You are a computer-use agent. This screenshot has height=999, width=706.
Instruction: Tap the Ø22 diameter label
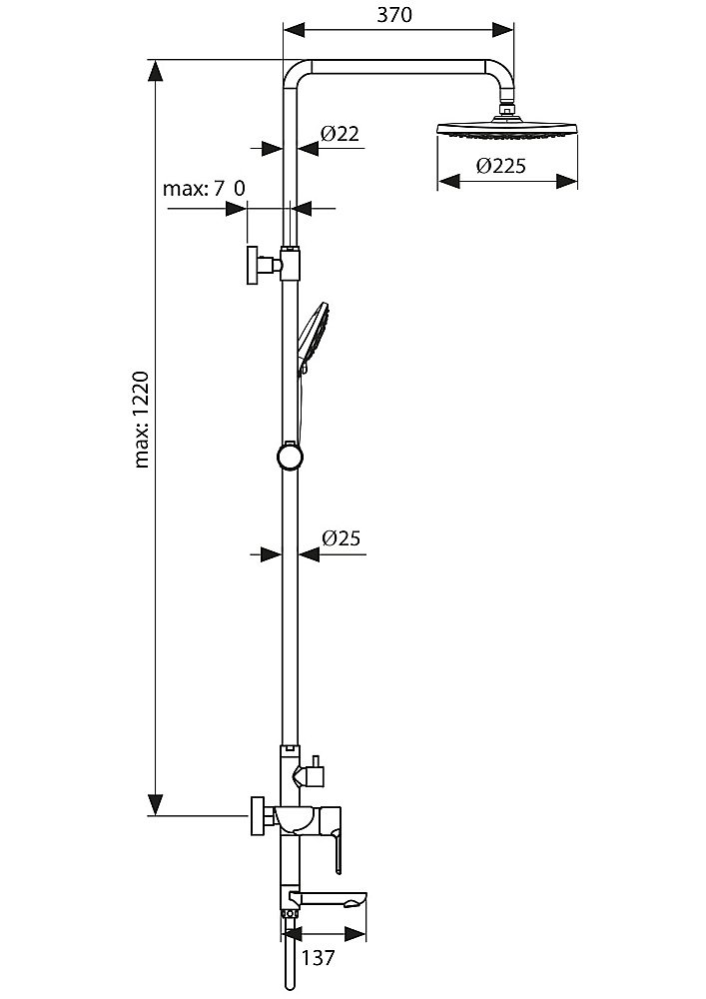click(x=340, y=134)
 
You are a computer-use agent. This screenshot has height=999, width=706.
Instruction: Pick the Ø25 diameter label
click(x=341, y=538)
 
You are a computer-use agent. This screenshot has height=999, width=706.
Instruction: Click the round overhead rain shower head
click(x=507, y=131)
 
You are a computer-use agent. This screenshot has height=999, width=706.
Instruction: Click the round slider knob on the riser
click(x=289, y=457)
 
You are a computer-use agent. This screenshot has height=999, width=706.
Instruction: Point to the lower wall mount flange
click(x=260, y=815)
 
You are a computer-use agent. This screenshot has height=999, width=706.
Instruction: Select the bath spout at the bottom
click(x=340, y=899)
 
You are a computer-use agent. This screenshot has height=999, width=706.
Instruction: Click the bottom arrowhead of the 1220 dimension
click(x=156, y=804)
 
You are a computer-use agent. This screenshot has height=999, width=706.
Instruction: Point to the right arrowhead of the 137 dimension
click(x=357, y=934)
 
